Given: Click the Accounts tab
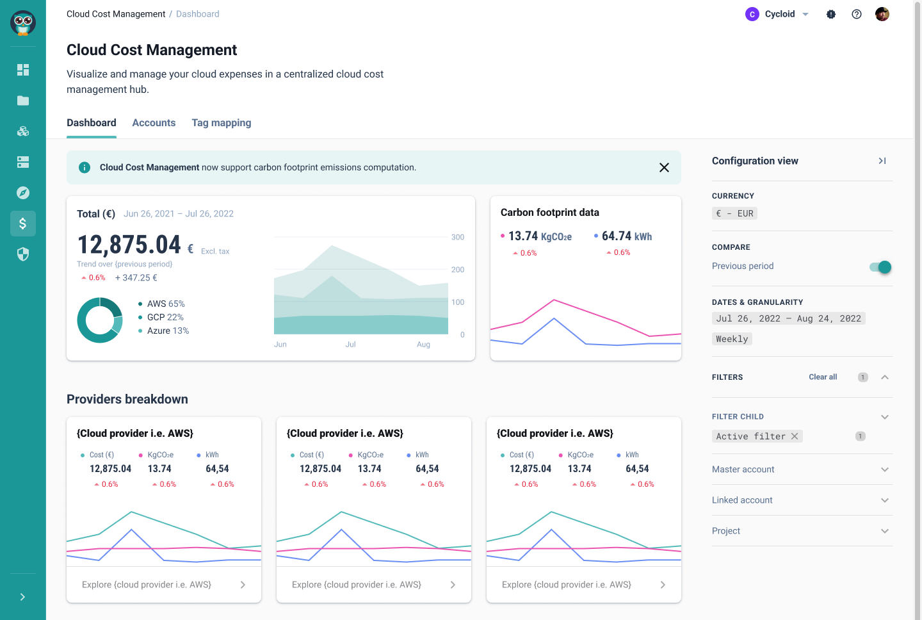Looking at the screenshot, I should [154, 123].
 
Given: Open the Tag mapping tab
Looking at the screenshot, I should [222, 123].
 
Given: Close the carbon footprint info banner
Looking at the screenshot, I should [664, 167].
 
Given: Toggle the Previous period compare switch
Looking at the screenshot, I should [880, 267].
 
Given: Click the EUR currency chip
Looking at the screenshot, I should [734, 213].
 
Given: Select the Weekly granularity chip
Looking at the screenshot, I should [732, 339].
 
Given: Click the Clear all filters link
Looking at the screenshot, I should [823, 377].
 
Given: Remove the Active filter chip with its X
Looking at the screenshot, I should [795, 436].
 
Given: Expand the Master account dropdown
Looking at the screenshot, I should [885, 469].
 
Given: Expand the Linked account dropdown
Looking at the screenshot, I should [885, 500].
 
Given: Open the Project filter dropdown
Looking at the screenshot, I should [885, 531].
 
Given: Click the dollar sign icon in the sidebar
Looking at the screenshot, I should [23, 224].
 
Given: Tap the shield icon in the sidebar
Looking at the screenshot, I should [23, 254].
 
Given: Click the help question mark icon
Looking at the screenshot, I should [857, 14].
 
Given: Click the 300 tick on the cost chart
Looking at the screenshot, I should [457, 237].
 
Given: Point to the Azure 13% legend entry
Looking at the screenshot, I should [168, 330].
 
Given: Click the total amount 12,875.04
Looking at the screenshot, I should [129, 245].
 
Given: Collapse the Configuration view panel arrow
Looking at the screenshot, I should [882, 161].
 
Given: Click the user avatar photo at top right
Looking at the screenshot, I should [882, 14].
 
